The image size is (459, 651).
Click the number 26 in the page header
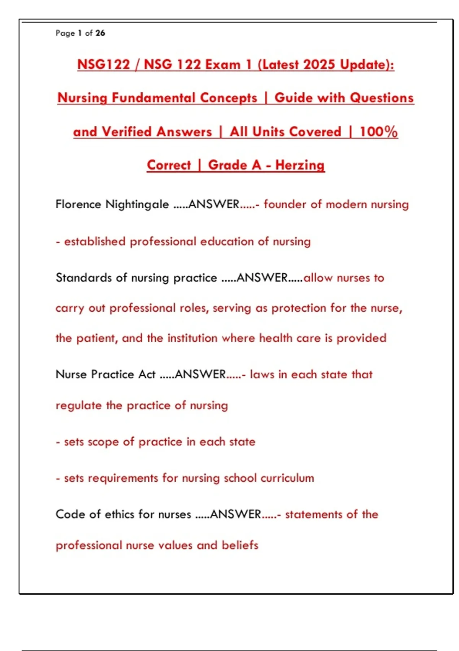coord(100,33)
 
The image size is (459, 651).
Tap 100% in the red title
coord(378,132)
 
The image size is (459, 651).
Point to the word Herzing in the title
coord(300,165)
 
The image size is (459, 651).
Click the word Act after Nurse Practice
coord(147,374)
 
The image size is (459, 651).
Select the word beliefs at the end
coord(240,545)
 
